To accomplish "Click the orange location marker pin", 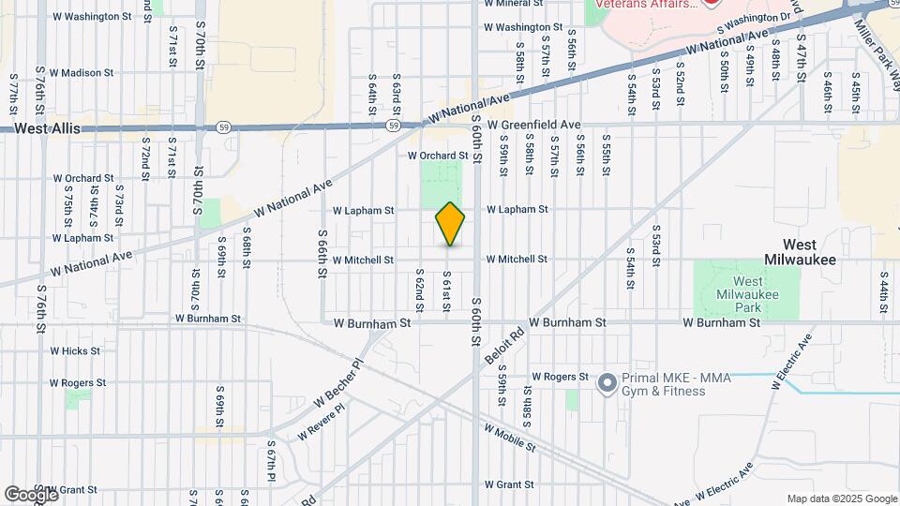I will coord(451,223).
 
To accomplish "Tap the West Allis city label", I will coord(48,128).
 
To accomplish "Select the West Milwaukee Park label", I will coord(747,289).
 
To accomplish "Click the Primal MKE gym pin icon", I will coord(607,382).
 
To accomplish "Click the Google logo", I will coord(31,494).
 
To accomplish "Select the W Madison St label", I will coord(82,72).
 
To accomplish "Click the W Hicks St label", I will coord(76,351).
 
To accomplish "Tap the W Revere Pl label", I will coord(321,423).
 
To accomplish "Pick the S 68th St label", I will coord(247,246).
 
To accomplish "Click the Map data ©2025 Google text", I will coord(842,499).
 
